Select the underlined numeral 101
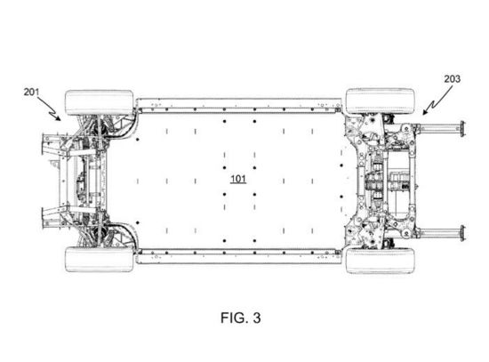(238, 178)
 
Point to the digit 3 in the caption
(257, 317)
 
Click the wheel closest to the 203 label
(381, 100)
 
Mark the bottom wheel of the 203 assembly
(381, 260)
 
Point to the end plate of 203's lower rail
(460, 232)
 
